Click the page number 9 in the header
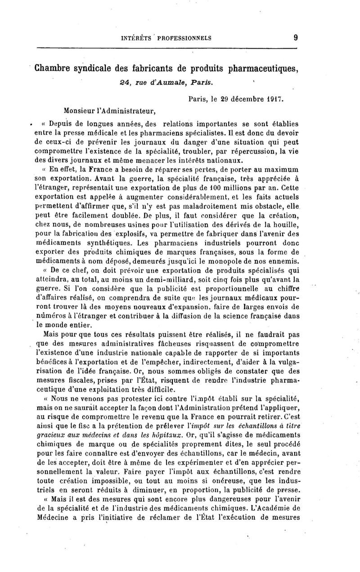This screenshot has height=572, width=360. (x=293, y=37)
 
